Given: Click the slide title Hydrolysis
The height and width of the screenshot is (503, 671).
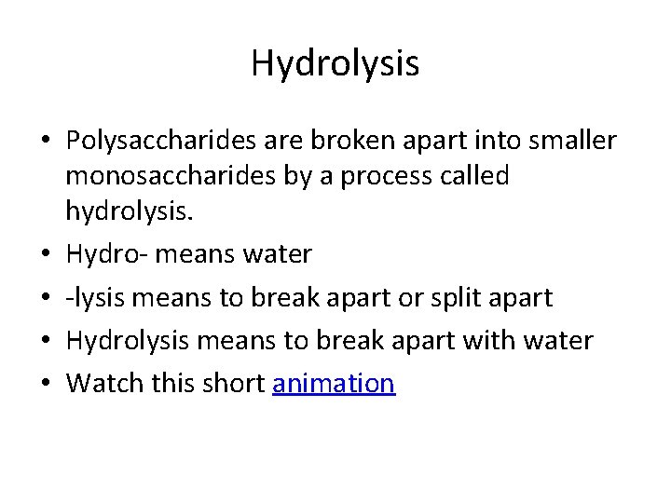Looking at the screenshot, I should (335, 63).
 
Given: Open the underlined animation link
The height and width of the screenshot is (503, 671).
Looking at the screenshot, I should (334, 384).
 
